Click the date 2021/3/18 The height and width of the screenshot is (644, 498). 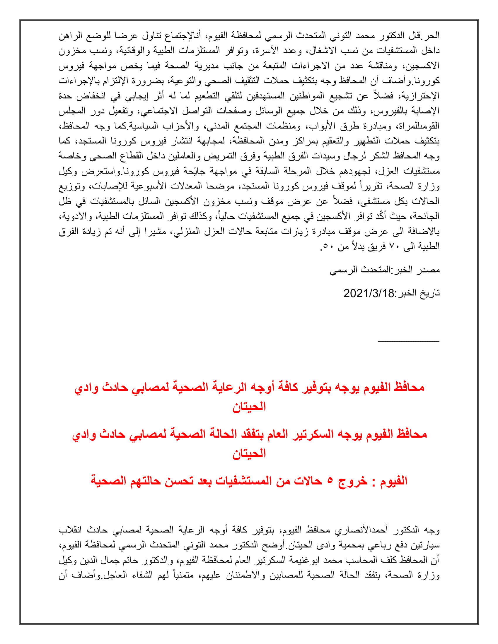pos(369,293)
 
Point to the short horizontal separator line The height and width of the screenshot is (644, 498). pos(409,341)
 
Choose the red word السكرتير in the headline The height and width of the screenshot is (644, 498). pos(313,434)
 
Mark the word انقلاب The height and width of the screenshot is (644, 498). pos(70,530)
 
